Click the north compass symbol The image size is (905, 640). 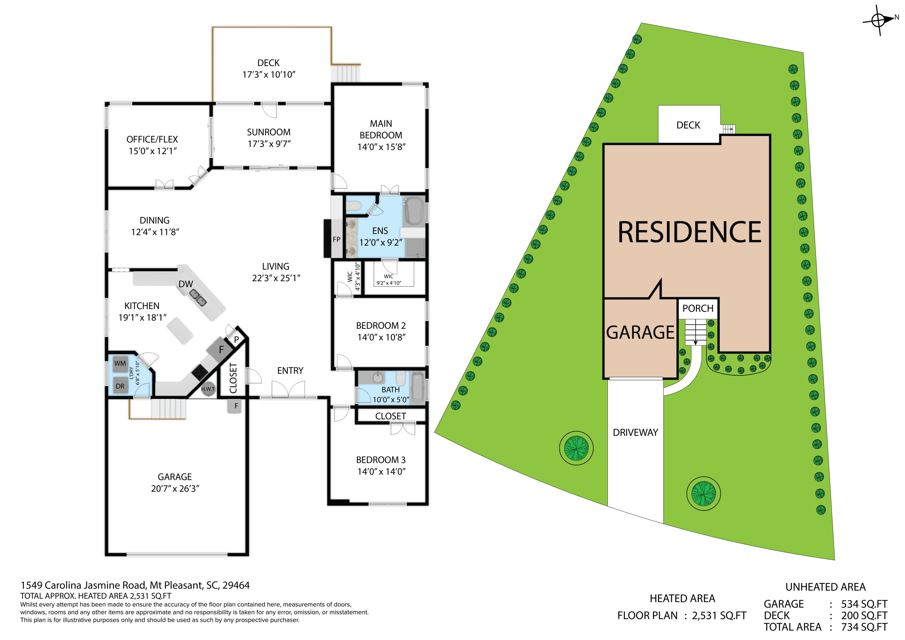click(x=878, y=20)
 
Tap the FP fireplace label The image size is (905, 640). click(x=336, y=239)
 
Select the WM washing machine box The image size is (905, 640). click(x=120, y=364)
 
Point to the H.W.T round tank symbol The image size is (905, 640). click(x=208, y=389)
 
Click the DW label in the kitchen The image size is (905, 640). click(x=186, y=284)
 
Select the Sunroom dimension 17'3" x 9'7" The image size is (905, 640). click(x=269, y=144)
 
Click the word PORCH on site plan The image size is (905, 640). click(x=698, y=308)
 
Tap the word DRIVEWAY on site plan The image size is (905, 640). click(x=635, y=433)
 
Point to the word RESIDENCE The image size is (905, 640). click(x=689, y=232)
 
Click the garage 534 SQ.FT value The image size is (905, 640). click(x=864, y=604)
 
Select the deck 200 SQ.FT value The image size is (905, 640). click(x=864, y=616)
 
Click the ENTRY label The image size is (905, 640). click(x=290, y=371)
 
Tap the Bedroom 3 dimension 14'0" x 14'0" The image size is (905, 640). click(x=381, y=472)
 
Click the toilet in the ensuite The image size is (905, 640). click(x=354, y=206)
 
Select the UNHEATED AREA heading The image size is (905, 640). click(x=825, y=587)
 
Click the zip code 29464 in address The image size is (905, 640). click(x=236, y=585)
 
